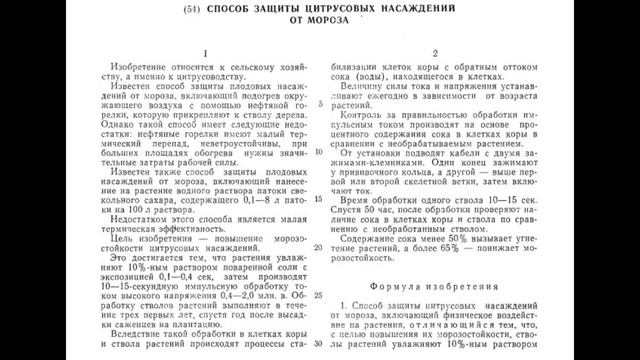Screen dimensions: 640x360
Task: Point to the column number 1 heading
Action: coord(204,52)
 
